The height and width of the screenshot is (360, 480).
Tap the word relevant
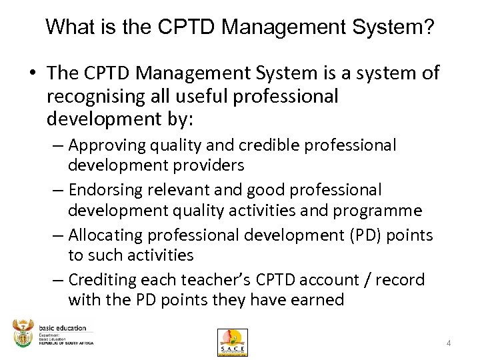pyautogui.click(x=177, y=190)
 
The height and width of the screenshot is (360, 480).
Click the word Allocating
pyautogui.click(x=107, y=235)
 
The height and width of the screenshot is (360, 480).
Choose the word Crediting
pyautogui.click(x=103, y=280)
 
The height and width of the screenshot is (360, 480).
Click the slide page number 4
pyautogui.click(x=449, y=343)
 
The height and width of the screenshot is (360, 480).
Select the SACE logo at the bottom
pyautogui.click(x=232, y=341)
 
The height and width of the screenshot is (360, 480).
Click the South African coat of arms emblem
pyautogui.click(x=23, y=333)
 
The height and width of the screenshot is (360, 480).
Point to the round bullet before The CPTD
pyautogui.click(x=32, y=73)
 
